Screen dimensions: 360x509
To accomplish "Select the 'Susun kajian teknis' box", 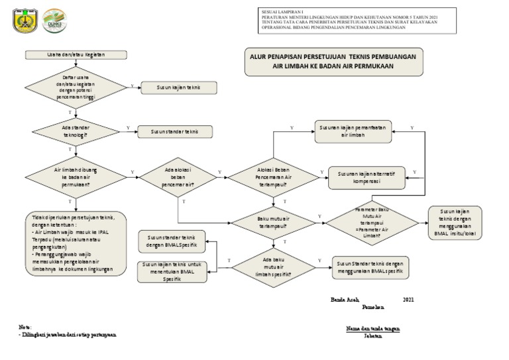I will pos(178,87).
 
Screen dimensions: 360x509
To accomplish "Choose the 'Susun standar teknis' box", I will pos(174,131).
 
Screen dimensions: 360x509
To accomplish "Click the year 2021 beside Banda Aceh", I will pos(408,300).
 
